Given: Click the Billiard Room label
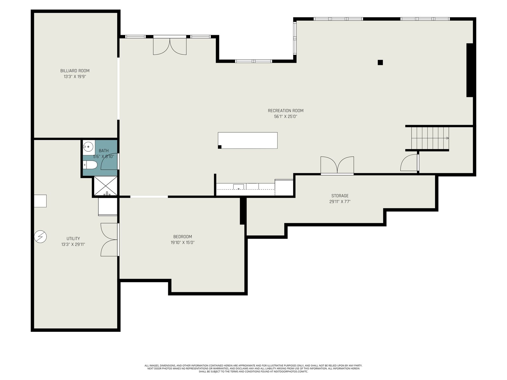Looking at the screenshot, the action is tap(75, 71).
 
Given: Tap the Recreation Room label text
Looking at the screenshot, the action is tap(286, 111).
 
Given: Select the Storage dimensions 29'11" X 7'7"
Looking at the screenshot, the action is tap(340, 202).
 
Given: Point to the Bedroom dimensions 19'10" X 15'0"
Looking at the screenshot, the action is tap(183, 243).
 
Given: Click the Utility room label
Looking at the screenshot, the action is tap(73, 238).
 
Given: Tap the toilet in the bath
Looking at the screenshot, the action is tap(90, 165).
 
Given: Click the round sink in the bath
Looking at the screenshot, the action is tap(88, 147).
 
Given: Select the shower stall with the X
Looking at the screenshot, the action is tap(106, 186).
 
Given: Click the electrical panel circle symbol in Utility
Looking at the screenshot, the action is tap(41, 237).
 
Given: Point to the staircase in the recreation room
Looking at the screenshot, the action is tap(430, 138).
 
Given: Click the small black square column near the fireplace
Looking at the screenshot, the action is tap(380, 62).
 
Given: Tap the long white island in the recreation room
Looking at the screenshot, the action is tap(247, 140).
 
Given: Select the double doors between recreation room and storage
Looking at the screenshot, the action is tap(337, 165).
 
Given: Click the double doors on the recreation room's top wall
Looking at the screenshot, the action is tap(170, 45).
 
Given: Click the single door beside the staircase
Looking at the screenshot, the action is tap(409, 163).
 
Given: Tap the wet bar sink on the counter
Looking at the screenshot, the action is tap(238, 187).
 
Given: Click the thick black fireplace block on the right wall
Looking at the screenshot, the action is tap(470, 70).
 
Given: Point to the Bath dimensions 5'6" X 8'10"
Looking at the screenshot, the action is tap(104, 157).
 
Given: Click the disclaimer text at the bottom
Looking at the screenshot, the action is tap(253, 369).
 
